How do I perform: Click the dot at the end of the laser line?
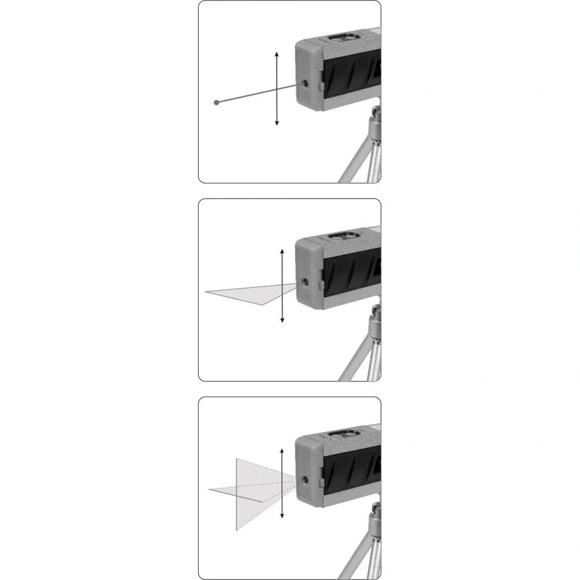pos(217,102)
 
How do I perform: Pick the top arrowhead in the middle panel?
pos(282,251)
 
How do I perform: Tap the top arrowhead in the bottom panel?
pos(282,451)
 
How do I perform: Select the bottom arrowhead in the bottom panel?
pos(282,517)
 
